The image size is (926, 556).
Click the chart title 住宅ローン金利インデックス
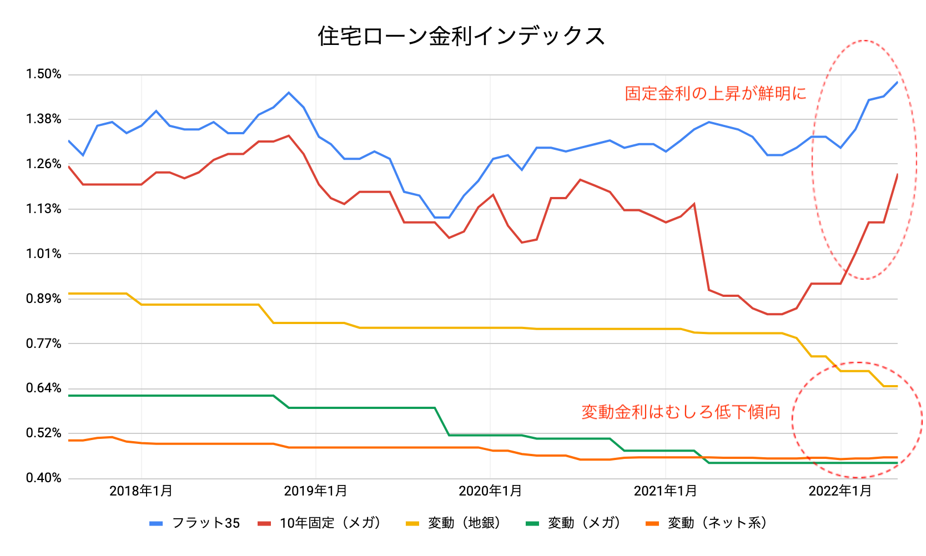pyautogui.click(x=461, y=36)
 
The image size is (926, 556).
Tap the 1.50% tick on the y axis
pyautogui.click(x=43, y=74)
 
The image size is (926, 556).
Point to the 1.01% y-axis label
pyautogui.click(x=43, y=254)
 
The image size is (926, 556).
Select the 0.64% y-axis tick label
pyautogui.click(x=43, y=388)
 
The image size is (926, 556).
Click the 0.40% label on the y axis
pyautogui.click(x=43, y=478)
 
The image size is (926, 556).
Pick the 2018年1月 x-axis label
pyautogui.click(x=141, y=491)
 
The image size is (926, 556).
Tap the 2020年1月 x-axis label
pyautogui.click(x=490, y=491)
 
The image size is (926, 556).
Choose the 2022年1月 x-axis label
pyautogui.click(x=840, y=491)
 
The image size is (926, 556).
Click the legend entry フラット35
pyautogui.click(x=206, y=523)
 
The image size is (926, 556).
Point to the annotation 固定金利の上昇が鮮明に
pyautogui.click(x=716, y=93)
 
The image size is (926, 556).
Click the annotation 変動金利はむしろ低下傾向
pyautogui.click(x=681, y=412)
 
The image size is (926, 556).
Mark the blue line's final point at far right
pyautogui.click(x=897, y=82)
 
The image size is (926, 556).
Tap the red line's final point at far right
pyautogui.click(x=897, y=174)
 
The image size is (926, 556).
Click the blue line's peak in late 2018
pyautogui.click(x=289, y=93)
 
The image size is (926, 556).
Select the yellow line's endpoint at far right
pyautogui.click(x=897, y=386)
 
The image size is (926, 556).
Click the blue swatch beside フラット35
pyautogui.click(x=157, y=523)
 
